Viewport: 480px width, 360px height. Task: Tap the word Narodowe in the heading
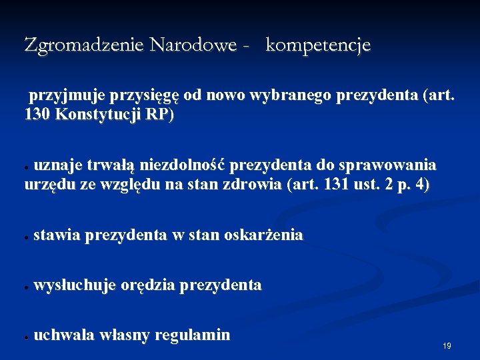click(x=193, y=45)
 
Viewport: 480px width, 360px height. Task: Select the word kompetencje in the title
click(x=318, y=46)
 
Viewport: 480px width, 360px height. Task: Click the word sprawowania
click(x=394, y=165)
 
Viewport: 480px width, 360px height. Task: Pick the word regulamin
click(x=192, y=335)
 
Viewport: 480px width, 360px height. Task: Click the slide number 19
click(x=447, y=346)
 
